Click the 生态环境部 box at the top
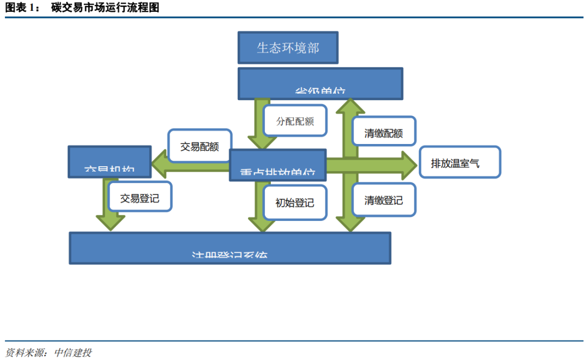coord(288,48)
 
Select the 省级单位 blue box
coord(320,84)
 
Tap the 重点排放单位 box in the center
coord(278,165)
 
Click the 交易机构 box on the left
coord(109,161)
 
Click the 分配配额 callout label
coord(295,121)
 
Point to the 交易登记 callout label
coord(140,198)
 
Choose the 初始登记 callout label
coord(295,202)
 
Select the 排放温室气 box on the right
coord(460,162)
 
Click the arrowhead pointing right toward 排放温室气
coord(408,165)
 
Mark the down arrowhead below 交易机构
coord(110,222)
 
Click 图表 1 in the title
coord(22,8)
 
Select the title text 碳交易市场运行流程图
coord(105,8)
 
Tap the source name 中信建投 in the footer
coord(70,352)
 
